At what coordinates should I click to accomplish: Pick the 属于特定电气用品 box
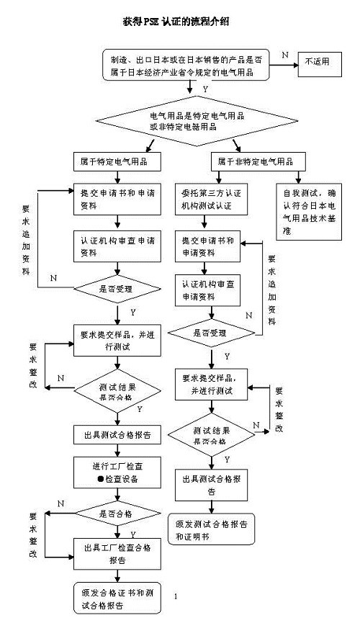[115, 159]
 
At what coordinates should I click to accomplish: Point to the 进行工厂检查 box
[115, 472]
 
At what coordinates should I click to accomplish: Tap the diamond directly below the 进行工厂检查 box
[115, 514]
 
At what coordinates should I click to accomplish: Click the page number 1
[176, 596]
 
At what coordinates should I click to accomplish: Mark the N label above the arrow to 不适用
[284, 55]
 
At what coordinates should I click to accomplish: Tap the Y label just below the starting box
[206, 89]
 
